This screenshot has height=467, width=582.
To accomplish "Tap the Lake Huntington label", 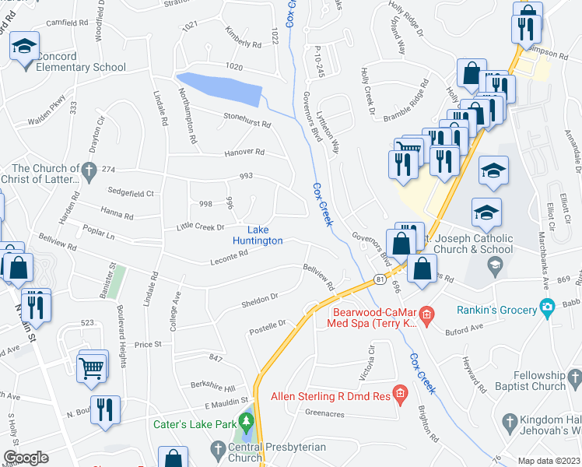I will click(265, 235).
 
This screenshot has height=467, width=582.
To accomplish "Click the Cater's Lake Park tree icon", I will click(247, 425).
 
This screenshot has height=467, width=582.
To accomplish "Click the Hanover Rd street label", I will click(244, 153).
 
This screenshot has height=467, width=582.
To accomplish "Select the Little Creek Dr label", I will click(201, 226).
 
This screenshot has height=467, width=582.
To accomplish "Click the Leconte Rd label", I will click(228, 262).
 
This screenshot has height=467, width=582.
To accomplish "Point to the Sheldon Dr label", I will click(259, 297).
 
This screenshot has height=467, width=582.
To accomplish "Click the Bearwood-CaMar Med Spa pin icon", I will click(426, 314).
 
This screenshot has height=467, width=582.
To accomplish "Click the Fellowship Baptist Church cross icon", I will click(575, 379).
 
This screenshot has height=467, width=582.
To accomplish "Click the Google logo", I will click(26, 458).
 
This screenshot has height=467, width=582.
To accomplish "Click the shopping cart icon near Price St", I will click(92, 367).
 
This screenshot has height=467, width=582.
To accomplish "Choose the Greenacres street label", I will click(324, 413).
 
